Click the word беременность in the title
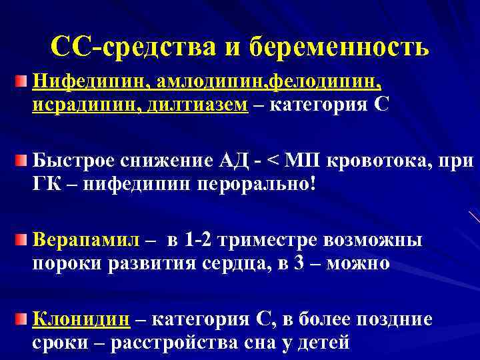coord(340,47)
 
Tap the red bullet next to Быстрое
coord(22,161)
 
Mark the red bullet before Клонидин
coord(22,319)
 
